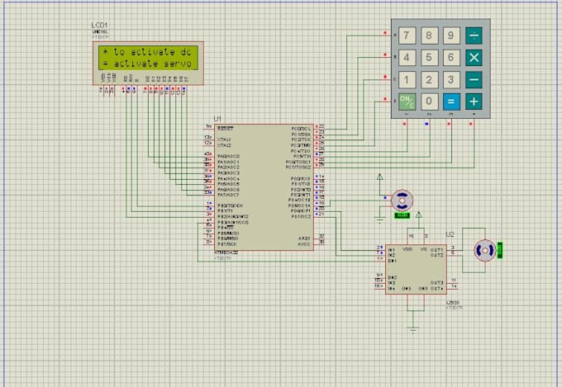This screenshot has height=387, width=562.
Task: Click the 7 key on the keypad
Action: [407, 36]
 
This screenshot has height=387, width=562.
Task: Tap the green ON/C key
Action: [407, 101]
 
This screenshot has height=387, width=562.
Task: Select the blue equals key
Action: [450, 101]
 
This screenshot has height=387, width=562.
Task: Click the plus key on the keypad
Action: [474, 101]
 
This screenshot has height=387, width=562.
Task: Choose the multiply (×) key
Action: [474, 58]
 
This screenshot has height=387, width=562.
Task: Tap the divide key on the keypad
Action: [474, 36]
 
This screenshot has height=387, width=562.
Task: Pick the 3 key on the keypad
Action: [450, 80]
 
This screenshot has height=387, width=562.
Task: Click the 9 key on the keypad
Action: [450, 36]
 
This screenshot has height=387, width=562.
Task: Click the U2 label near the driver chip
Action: [450, 234]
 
